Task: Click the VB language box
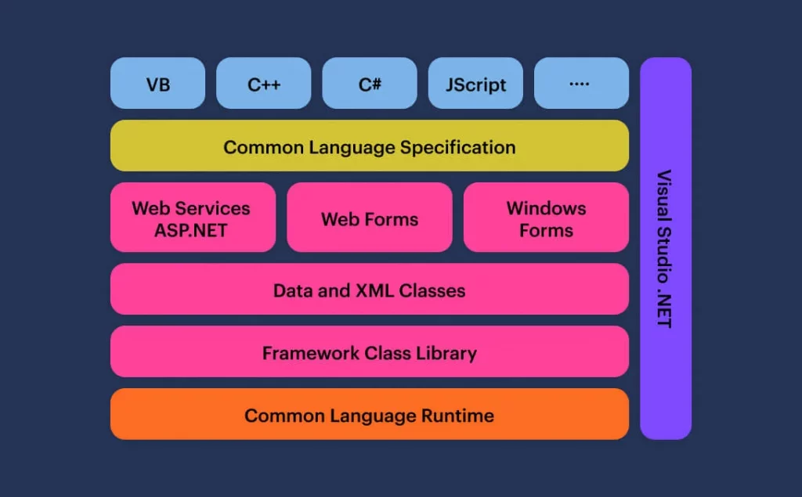pos(157,83)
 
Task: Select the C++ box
pos(263,83)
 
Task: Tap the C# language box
pos(370,83)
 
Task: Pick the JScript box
pos(475,84)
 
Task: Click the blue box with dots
pos(581,83)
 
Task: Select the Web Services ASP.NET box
pos(193,218)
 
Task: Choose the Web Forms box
pos(370,219)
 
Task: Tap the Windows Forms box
pos(546,218)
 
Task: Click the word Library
pos(447,353)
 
